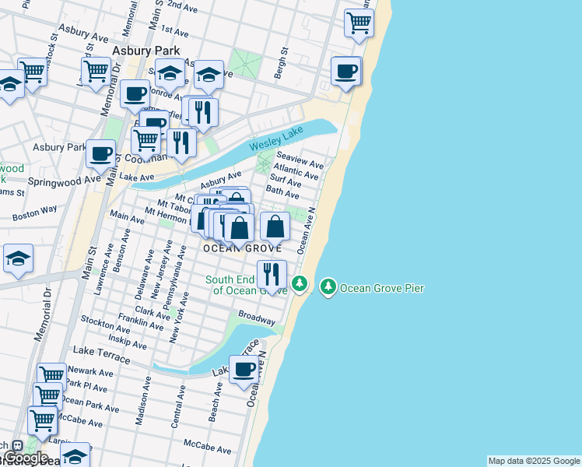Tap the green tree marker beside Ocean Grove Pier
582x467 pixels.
point(328,288)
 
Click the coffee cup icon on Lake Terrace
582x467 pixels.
point(244,370)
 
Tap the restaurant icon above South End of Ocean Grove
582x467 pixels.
point(272,273)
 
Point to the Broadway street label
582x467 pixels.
point(257,318)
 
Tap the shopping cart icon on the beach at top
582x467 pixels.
point(358,23)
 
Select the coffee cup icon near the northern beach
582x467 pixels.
point(346,72)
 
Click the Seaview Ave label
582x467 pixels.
point(305,163)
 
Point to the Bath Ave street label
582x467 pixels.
point(282,191)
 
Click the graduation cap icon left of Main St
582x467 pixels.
point(18,261)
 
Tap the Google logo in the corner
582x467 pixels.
point(26,458)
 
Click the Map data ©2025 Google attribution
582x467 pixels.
point(534,461)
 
